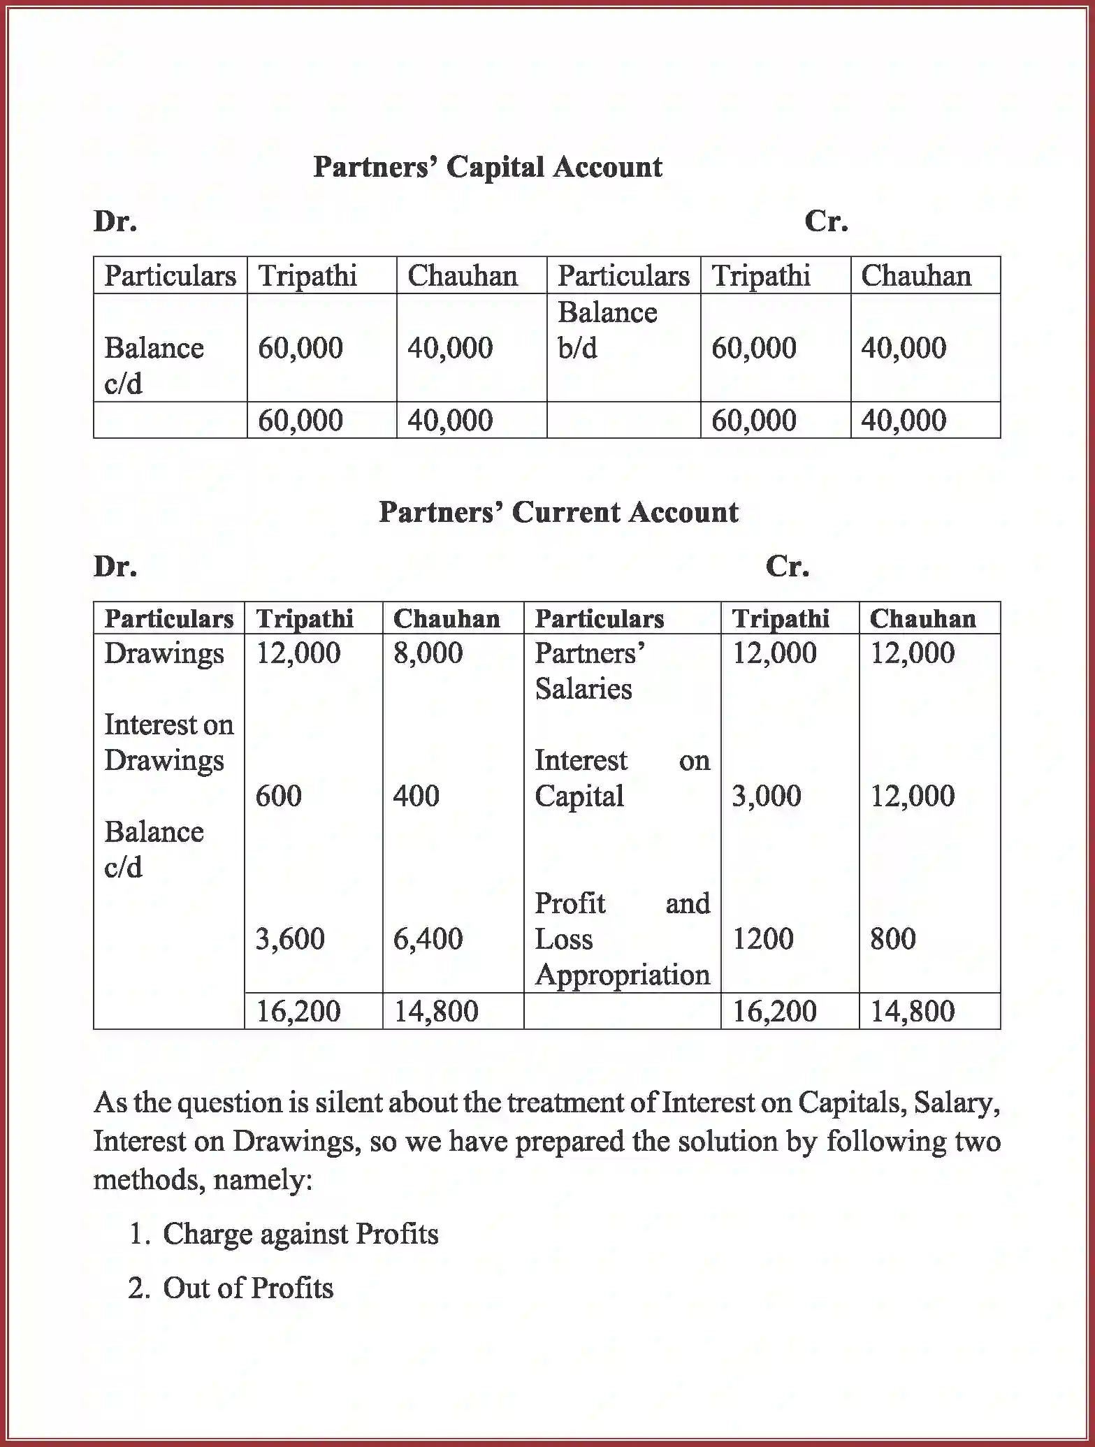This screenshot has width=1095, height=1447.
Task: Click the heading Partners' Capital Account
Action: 487,167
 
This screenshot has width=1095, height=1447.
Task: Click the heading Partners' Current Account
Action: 558,512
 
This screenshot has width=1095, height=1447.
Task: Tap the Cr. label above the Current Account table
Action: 787,566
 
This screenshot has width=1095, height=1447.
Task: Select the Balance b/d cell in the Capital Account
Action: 607,330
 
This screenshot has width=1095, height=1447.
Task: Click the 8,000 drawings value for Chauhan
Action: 428,653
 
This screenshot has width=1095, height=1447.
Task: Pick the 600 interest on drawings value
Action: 278,796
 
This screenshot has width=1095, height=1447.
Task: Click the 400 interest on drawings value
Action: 416,796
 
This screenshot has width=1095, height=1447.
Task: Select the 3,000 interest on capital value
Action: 766,796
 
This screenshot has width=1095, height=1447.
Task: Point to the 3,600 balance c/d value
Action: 290,939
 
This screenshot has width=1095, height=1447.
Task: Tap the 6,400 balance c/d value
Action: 428,939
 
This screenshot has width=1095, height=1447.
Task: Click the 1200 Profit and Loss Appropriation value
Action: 762,939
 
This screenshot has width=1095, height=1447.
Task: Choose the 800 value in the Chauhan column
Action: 892,939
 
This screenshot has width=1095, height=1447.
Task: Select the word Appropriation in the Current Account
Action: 622,975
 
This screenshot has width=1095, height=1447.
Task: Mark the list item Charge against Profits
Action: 300,1234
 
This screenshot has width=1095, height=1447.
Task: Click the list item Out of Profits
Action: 247,1288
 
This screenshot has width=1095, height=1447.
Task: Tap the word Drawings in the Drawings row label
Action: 164,654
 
